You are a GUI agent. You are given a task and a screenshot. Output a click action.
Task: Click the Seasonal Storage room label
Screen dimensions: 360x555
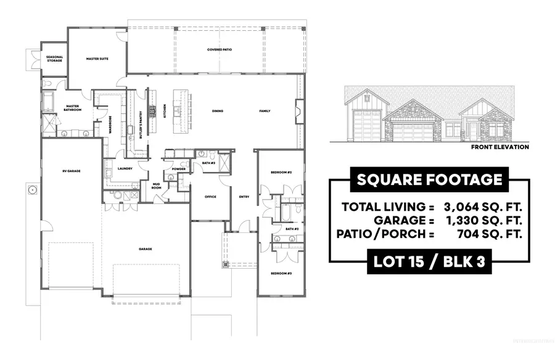point(54,59)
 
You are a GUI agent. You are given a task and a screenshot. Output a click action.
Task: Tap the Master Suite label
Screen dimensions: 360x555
point(97,59)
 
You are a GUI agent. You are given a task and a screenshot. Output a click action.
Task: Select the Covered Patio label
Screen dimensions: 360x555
point(215,49)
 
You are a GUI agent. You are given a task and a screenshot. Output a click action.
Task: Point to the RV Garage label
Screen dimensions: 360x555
point(72,171)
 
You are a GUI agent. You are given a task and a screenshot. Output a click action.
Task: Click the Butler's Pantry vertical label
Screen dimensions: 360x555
point(141,128)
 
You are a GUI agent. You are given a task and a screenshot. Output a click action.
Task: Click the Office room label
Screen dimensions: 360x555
point(210,197)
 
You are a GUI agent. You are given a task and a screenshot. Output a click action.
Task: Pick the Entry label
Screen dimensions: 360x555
point(244,197)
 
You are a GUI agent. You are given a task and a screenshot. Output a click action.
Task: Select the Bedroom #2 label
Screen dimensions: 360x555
point(281,172)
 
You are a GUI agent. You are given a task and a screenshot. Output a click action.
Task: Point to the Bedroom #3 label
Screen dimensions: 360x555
point(281,272)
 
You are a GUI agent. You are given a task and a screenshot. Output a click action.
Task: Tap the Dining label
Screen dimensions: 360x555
point(217,111)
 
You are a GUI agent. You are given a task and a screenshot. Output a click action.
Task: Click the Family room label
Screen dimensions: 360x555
point(265,111)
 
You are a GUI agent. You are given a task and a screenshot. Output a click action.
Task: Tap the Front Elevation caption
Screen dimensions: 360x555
point(499,147)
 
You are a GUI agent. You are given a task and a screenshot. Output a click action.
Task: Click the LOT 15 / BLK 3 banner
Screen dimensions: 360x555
point(429,261)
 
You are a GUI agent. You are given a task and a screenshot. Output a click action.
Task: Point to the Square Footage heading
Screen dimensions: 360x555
point(430,180)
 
